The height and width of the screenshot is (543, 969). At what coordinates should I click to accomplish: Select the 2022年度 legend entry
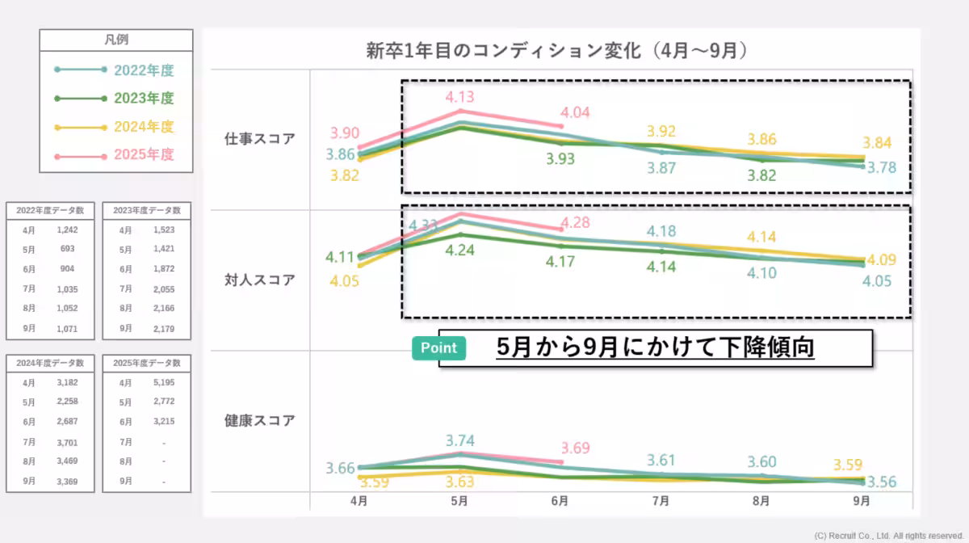tap(144, 70)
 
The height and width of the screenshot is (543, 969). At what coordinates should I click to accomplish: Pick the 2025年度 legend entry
tap(144, 154)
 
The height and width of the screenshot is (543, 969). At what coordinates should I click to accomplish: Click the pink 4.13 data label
tap(459, 97)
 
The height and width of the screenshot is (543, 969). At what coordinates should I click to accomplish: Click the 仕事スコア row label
tap(260, 138)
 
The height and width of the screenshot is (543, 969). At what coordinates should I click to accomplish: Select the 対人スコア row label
tap(260, 280)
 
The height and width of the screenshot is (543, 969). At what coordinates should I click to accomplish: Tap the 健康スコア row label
tap(260, 421)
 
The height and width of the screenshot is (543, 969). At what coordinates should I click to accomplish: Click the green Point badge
tap(438, 348)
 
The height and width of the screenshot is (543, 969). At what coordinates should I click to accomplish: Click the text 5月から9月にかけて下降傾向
tap(655, 348)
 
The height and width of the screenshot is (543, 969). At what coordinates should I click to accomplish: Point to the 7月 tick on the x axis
tap(661, 502)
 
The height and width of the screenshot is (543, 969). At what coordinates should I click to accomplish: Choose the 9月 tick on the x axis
tap(862, 502)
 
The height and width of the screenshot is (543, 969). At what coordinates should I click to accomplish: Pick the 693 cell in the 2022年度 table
tap(67, 250)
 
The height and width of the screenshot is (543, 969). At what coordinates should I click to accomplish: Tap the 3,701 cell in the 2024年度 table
tap(67, 442)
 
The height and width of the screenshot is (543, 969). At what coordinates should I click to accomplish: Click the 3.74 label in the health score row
tap(459, 440)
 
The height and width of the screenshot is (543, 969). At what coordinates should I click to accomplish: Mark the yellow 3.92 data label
tap(661, 131)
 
